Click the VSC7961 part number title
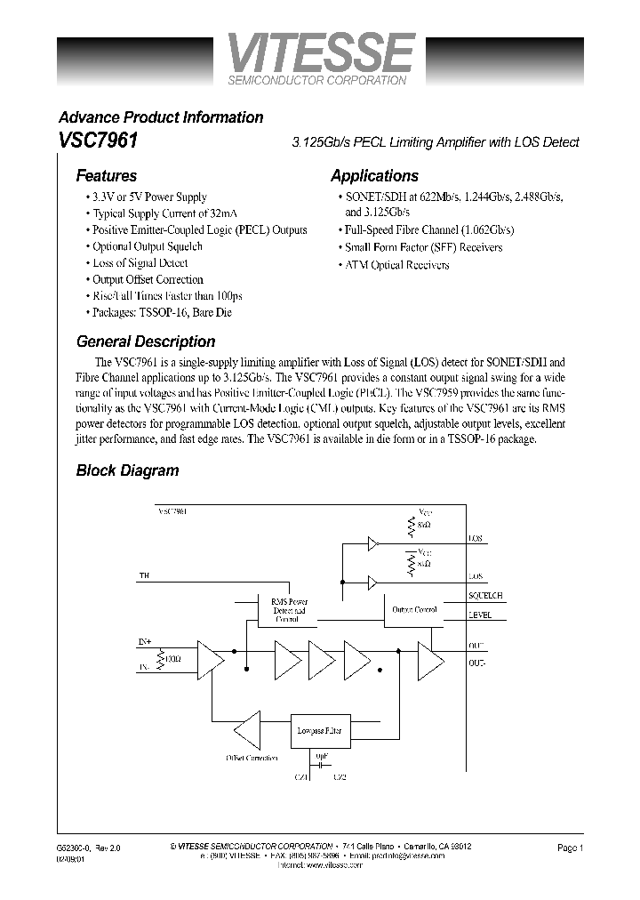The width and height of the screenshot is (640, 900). coord(98,141)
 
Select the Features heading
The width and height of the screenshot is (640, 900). coord(107,176)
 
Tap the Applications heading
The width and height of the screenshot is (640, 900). coord(374,176)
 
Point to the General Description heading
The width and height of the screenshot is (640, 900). coord(146,342)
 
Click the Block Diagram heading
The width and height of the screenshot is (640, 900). coord(127,470)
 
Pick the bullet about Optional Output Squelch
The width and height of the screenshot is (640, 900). coord(148,246)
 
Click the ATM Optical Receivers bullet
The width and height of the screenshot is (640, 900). coord(396,264)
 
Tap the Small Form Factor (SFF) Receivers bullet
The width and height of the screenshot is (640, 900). coord(423,247)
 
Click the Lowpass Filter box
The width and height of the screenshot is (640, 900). coord(317,730)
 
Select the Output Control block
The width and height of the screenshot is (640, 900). coord(413,610)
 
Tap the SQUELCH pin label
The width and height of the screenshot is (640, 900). coord(484,595)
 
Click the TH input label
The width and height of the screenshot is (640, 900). coord(144,577)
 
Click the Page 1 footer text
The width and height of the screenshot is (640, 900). coord(570,848)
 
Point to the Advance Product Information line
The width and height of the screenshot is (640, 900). coord(161,117)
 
